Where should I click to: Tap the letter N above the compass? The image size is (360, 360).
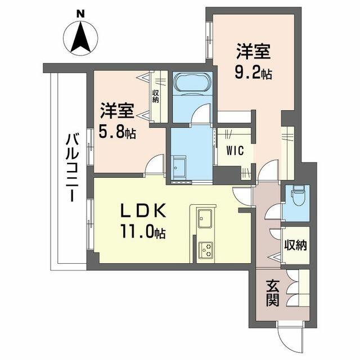(80, 14)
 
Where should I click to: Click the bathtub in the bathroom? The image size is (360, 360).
(192, 83)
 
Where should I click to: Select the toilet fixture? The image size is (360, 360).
(298, 196)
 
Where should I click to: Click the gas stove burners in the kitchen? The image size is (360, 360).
(206, 249)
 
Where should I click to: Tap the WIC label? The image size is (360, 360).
(235, 151)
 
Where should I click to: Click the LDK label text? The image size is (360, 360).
(143, 210)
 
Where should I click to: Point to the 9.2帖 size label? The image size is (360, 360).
(254, 73)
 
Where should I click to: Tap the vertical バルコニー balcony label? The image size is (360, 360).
(72, 168)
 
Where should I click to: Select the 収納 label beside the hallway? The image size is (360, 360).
(296, 246)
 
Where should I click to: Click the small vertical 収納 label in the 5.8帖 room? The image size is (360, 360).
(156, 96)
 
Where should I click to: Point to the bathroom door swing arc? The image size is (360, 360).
(201, 113)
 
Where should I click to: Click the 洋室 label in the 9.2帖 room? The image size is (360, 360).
(254, 51)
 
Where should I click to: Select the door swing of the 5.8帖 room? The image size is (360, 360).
(155, 164)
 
